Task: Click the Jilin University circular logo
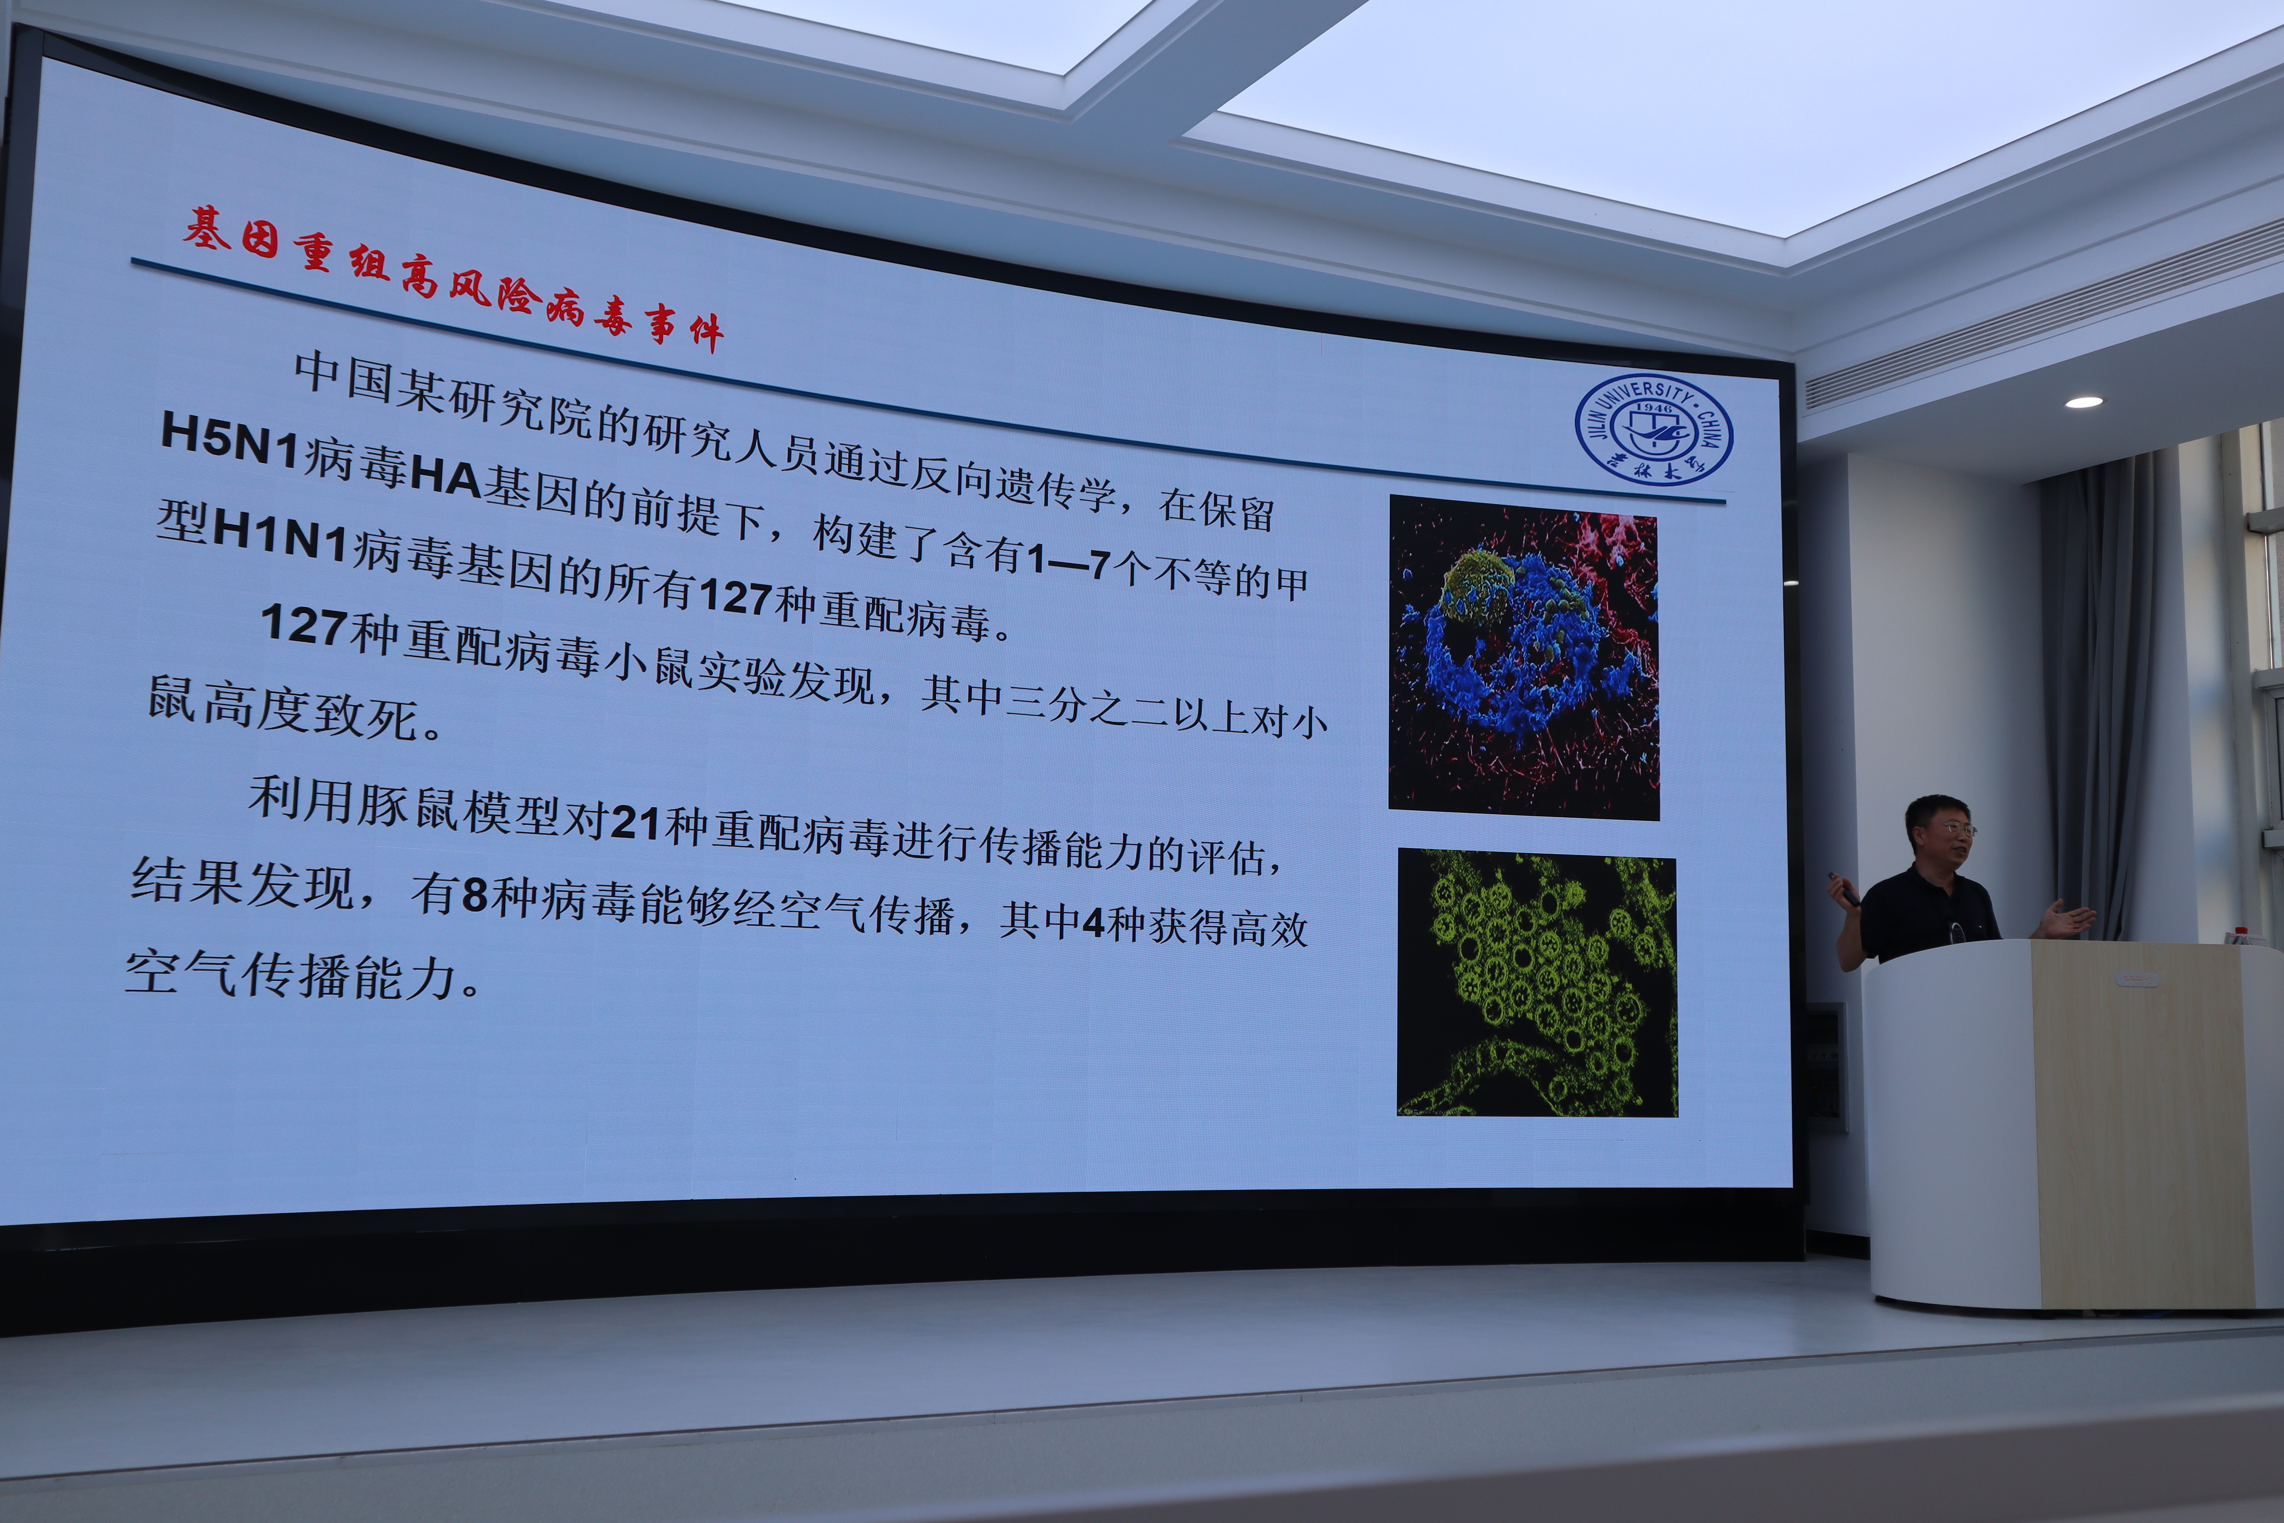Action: point(1653,428)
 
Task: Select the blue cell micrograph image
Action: point(1524,658)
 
